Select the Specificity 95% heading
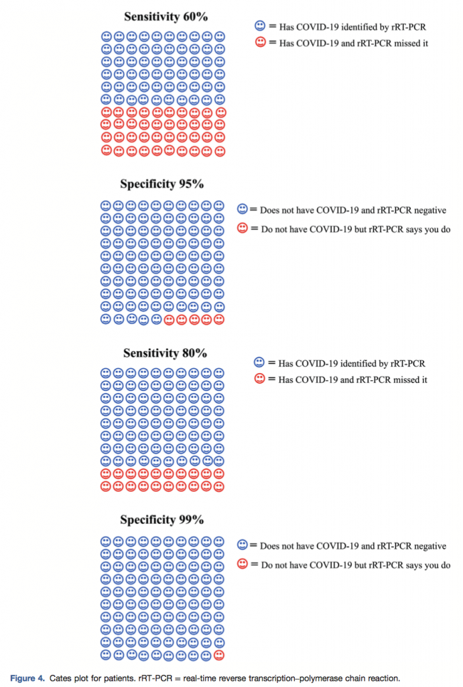click(x=161, y=184)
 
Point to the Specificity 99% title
click(x=161, y=520)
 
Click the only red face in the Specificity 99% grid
click(x=219, y=654)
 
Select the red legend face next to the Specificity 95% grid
click(x=243, y=228)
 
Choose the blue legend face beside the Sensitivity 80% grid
click(x=259, y=362)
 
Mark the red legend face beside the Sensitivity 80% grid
click(x=259, y=379)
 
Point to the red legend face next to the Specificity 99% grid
click(x=243, y=564)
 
